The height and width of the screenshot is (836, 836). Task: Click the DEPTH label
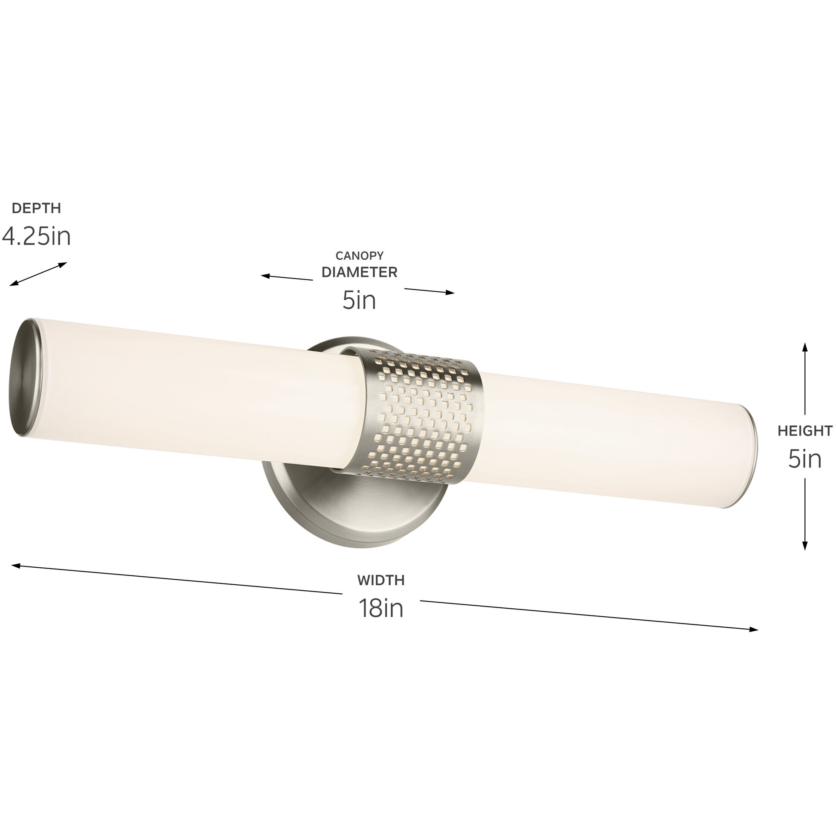click(x=36, y=208)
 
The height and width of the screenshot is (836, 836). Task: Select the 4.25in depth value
click(x=36, y=237)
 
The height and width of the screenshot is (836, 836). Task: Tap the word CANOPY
click(x=359, y=256)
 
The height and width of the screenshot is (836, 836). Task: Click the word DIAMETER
click(x=359, y=272)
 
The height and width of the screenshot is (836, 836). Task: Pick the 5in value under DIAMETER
click(x=359, y=301)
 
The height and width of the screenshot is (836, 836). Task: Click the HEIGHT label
click(x=805, y=430)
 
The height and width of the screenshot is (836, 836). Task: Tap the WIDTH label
click(x=381, y=580)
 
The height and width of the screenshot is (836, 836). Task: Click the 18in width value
click(x=381, y=608)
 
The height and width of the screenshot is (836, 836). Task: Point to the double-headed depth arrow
click(x=38, y=274)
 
